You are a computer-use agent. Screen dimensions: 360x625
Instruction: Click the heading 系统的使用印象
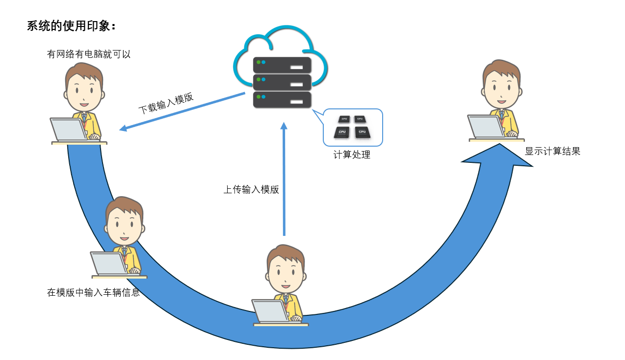point(72,26)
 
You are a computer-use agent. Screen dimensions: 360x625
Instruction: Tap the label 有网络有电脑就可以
point(89,54)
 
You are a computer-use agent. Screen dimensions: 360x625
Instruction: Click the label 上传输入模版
point(251,189)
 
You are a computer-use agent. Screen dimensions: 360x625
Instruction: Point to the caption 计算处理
point(352,155)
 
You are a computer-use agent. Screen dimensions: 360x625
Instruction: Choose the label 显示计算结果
point(552,151)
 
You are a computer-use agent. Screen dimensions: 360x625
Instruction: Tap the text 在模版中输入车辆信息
point(93,292)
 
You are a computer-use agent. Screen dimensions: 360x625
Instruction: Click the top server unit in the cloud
point(282,65)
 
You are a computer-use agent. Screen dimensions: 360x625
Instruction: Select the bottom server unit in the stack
point(282,100)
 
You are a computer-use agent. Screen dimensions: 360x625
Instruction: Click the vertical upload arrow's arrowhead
point(284,127)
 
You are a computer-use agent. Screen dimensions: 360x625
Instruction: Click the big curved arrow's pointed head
point(498,154)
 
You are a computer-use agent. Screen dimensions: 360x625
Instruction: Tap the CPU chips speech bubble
point(353,128)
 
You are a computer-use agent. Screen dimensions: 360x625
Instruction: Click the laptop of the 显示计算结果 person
point(486,127)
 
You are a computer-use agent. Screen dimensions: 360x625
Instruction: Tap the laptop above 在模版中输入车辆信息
point(109,263)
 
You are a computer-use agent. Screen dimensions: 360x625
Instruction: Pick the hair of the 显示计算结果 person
point(500,69)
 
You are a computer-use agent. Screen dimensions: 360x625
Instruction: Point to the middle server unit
point(282,82)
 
